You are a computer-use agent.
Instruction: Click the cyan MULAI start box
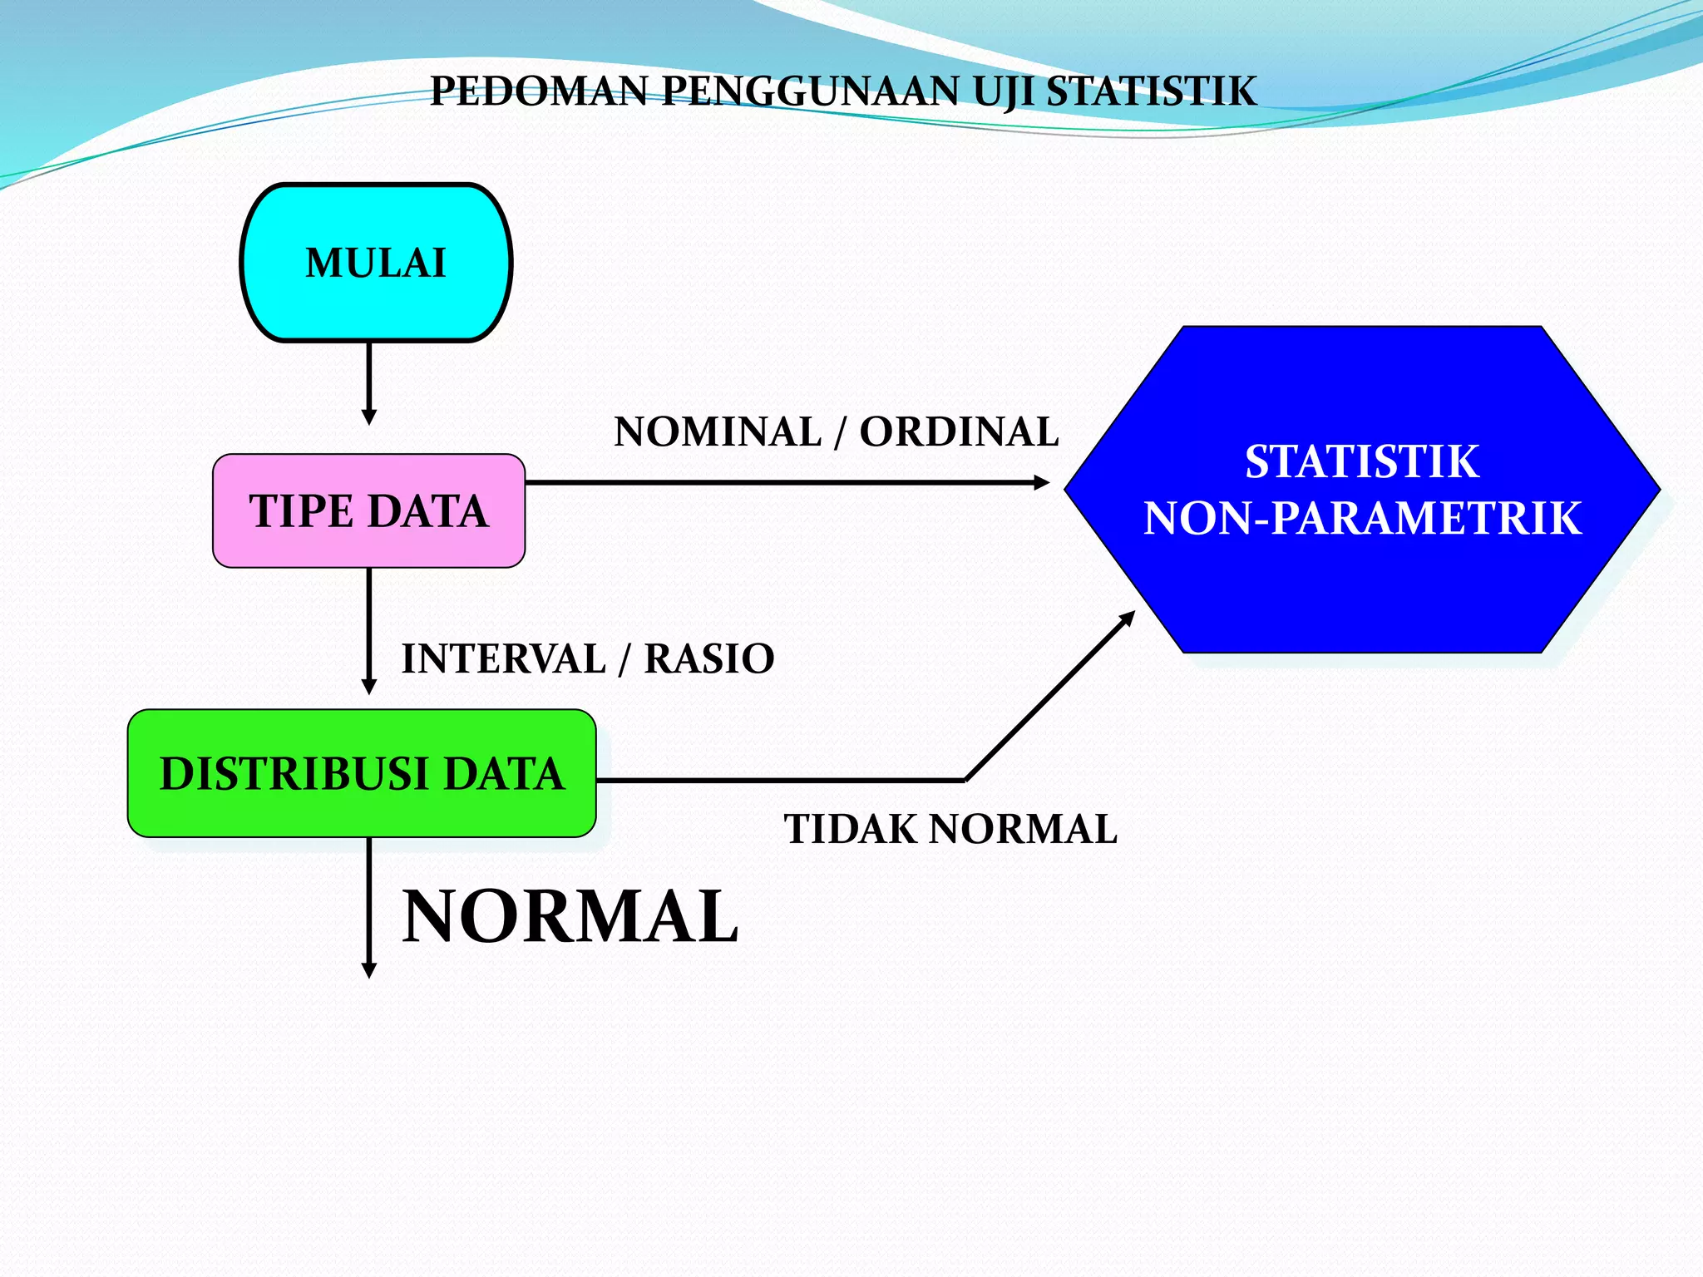(376, 263)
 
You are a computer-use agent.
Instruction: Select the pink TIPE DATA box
(368, 510)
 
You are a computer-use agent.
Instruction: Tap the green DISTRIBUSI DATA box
(362, 773)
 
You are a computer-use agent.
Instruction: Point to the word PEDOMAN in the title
(538, 91)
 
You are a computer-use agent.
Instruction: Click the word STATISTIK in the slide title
(1151, 91)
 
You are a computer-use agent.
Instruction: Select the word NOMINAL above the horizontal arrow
(718, 432)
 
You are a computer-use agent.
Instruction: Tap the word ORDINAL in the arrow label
(959, 432)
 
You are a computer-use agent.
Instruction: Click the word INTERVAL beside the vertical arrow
(504, 659)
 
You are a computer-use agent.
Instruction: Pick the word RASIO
(709, 659)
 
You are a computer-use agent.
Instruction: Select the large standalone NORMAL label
(570, 916)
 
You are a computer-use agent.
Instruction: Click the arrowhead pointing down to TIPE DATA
(369, 417)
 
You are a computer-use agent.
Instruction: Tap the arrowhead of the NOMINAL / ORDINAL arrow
(1041, 482)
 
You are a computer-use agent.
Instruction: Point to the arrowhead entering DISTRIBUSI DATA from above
(369, 687)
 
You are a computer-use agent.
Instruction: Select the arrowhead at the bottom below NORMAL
(369, 970)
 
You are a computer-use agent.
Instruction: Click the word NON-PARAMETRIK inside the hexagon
(1362, 519)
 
